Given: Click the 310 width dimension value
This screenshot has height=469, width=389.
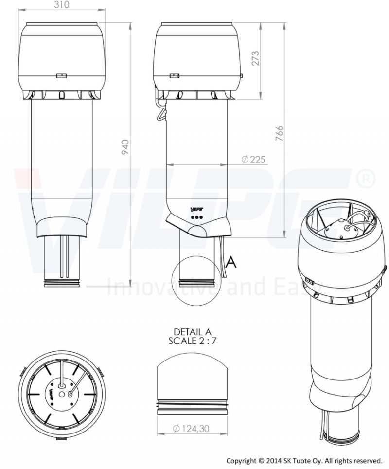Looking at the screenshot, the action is pyautogui.click(x=62, y=4).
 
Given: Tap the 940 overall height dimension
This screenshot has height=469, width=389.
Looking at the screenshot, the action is pyautogui.click(x=126, y=146).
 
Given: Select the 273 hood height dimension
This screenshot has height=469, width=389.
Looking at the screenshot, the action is pyautogui.click(x=256, y=58).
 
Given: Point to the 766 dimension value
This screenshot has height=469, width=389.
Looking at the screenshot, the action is pyautogui.click(x=279, y=133).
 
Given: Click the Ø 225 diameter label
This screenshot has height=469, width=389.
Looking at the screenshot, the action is pyautogui.click(x=253, y=160).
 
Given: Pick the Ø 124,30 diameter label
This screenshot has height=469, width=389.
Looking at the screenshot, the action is pyautogui.click(x=191, y=429).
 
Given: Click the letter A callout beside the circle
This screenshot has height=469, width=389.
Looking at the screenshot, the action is pyautogui.click(x=231, y=262).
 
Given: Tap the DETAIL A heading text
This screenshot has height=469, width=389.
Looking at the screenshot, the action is pyautogui.click(x=193, y=332).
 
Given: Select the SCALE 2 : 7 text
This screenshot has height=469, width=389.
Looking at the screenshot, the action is pyautogui.click(x=192, y=341).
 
